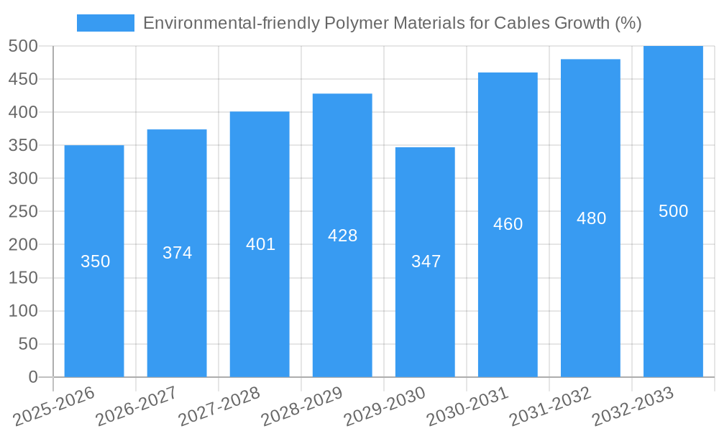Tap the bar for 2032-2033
673,287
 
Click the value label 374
177,253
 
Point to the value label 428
342,236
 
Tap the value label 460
508,224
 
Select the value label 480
591,218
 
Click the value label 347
426,261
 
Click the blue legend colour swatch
106,23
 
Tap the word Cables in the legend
523,23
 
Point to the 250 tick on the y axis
23,212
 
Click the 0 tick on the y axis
32,377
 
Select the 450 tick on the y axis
23,79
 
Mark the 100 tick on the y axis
23,311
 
